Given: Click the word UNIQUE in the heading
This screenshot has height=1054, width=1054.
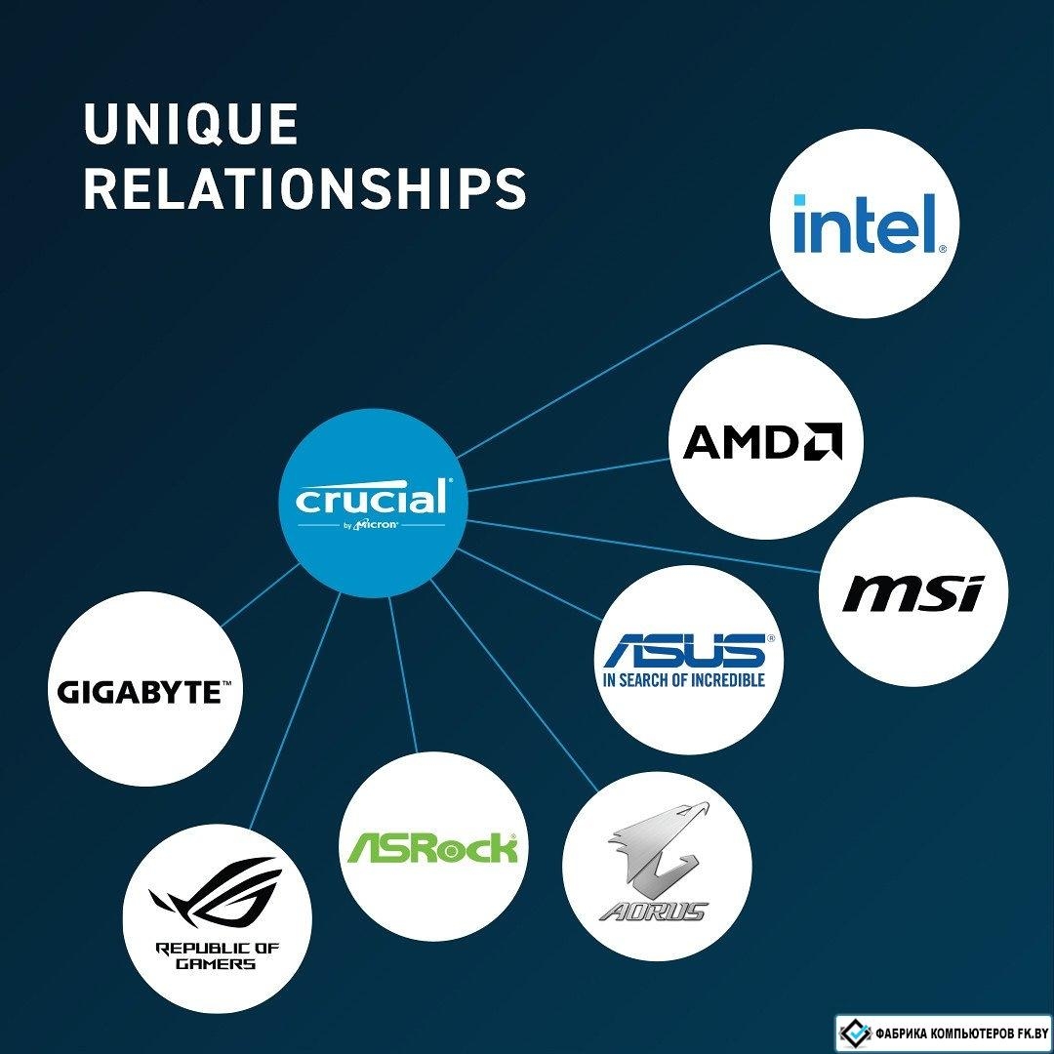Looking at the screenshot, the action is [x=191, y=124].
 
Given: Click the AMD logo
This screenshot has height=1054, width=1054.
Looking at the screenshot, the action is [x=762, y=441].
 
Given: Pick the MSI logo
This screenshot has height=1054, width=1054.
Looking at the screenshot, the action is [x=912, y=593].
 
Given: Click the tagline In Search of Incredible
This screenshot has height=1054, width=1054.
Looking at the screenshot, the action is [x=684, y=680].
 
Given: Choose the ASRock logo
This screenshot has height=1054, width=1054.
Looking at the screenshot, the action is [x=432, y=848].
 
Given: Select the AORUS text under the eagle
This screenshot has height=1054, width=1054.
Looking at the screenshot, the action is [x=652, y=912].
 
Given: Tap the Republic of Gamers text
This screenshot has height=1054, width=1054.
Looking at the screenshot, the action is [x=217, y=955].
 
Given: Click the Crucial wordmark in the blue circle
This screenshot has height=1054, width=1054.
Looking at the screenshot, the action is [x=371, y=498].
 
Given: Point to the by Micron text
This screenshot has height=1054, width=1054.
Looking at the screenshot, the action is [x=371, y=524].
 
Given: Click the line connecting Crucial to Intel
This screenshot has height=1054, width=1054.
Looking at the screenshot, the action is [x=619, y=364].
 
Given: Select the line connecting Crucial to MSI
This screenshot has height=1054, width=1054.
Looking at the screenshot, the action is [x=643, y=546].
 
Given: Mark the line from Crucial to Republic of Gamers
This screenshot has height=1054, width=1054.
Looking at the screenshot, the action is [x=295, y=711].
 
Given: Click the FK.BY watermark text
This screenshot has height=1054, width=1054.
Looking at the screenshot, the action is [x=962, y=1033].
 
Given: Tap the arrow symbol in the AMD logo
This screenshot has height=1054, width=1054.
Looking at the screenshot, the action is [x=824, y=441].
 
